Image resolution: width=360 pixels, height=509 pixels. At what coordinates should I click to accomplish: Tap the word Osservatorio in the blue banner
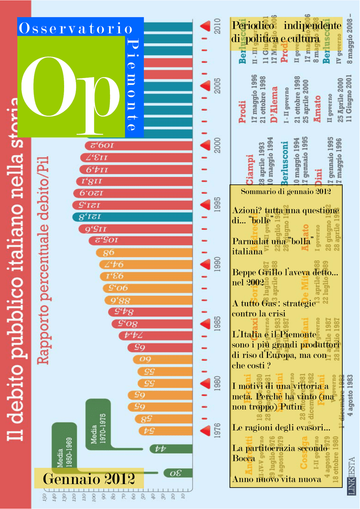click(75, 29)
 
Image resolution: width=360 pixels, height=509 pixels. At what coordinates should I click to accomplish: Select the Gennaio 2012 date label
click(89, 479)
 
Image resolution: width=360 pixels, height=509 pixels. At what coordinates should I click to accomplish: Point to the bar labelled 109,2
click(139, 146)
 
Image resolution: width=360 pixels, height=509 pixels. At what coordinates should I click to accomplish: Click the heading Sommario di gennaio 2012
click(285, 191)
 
